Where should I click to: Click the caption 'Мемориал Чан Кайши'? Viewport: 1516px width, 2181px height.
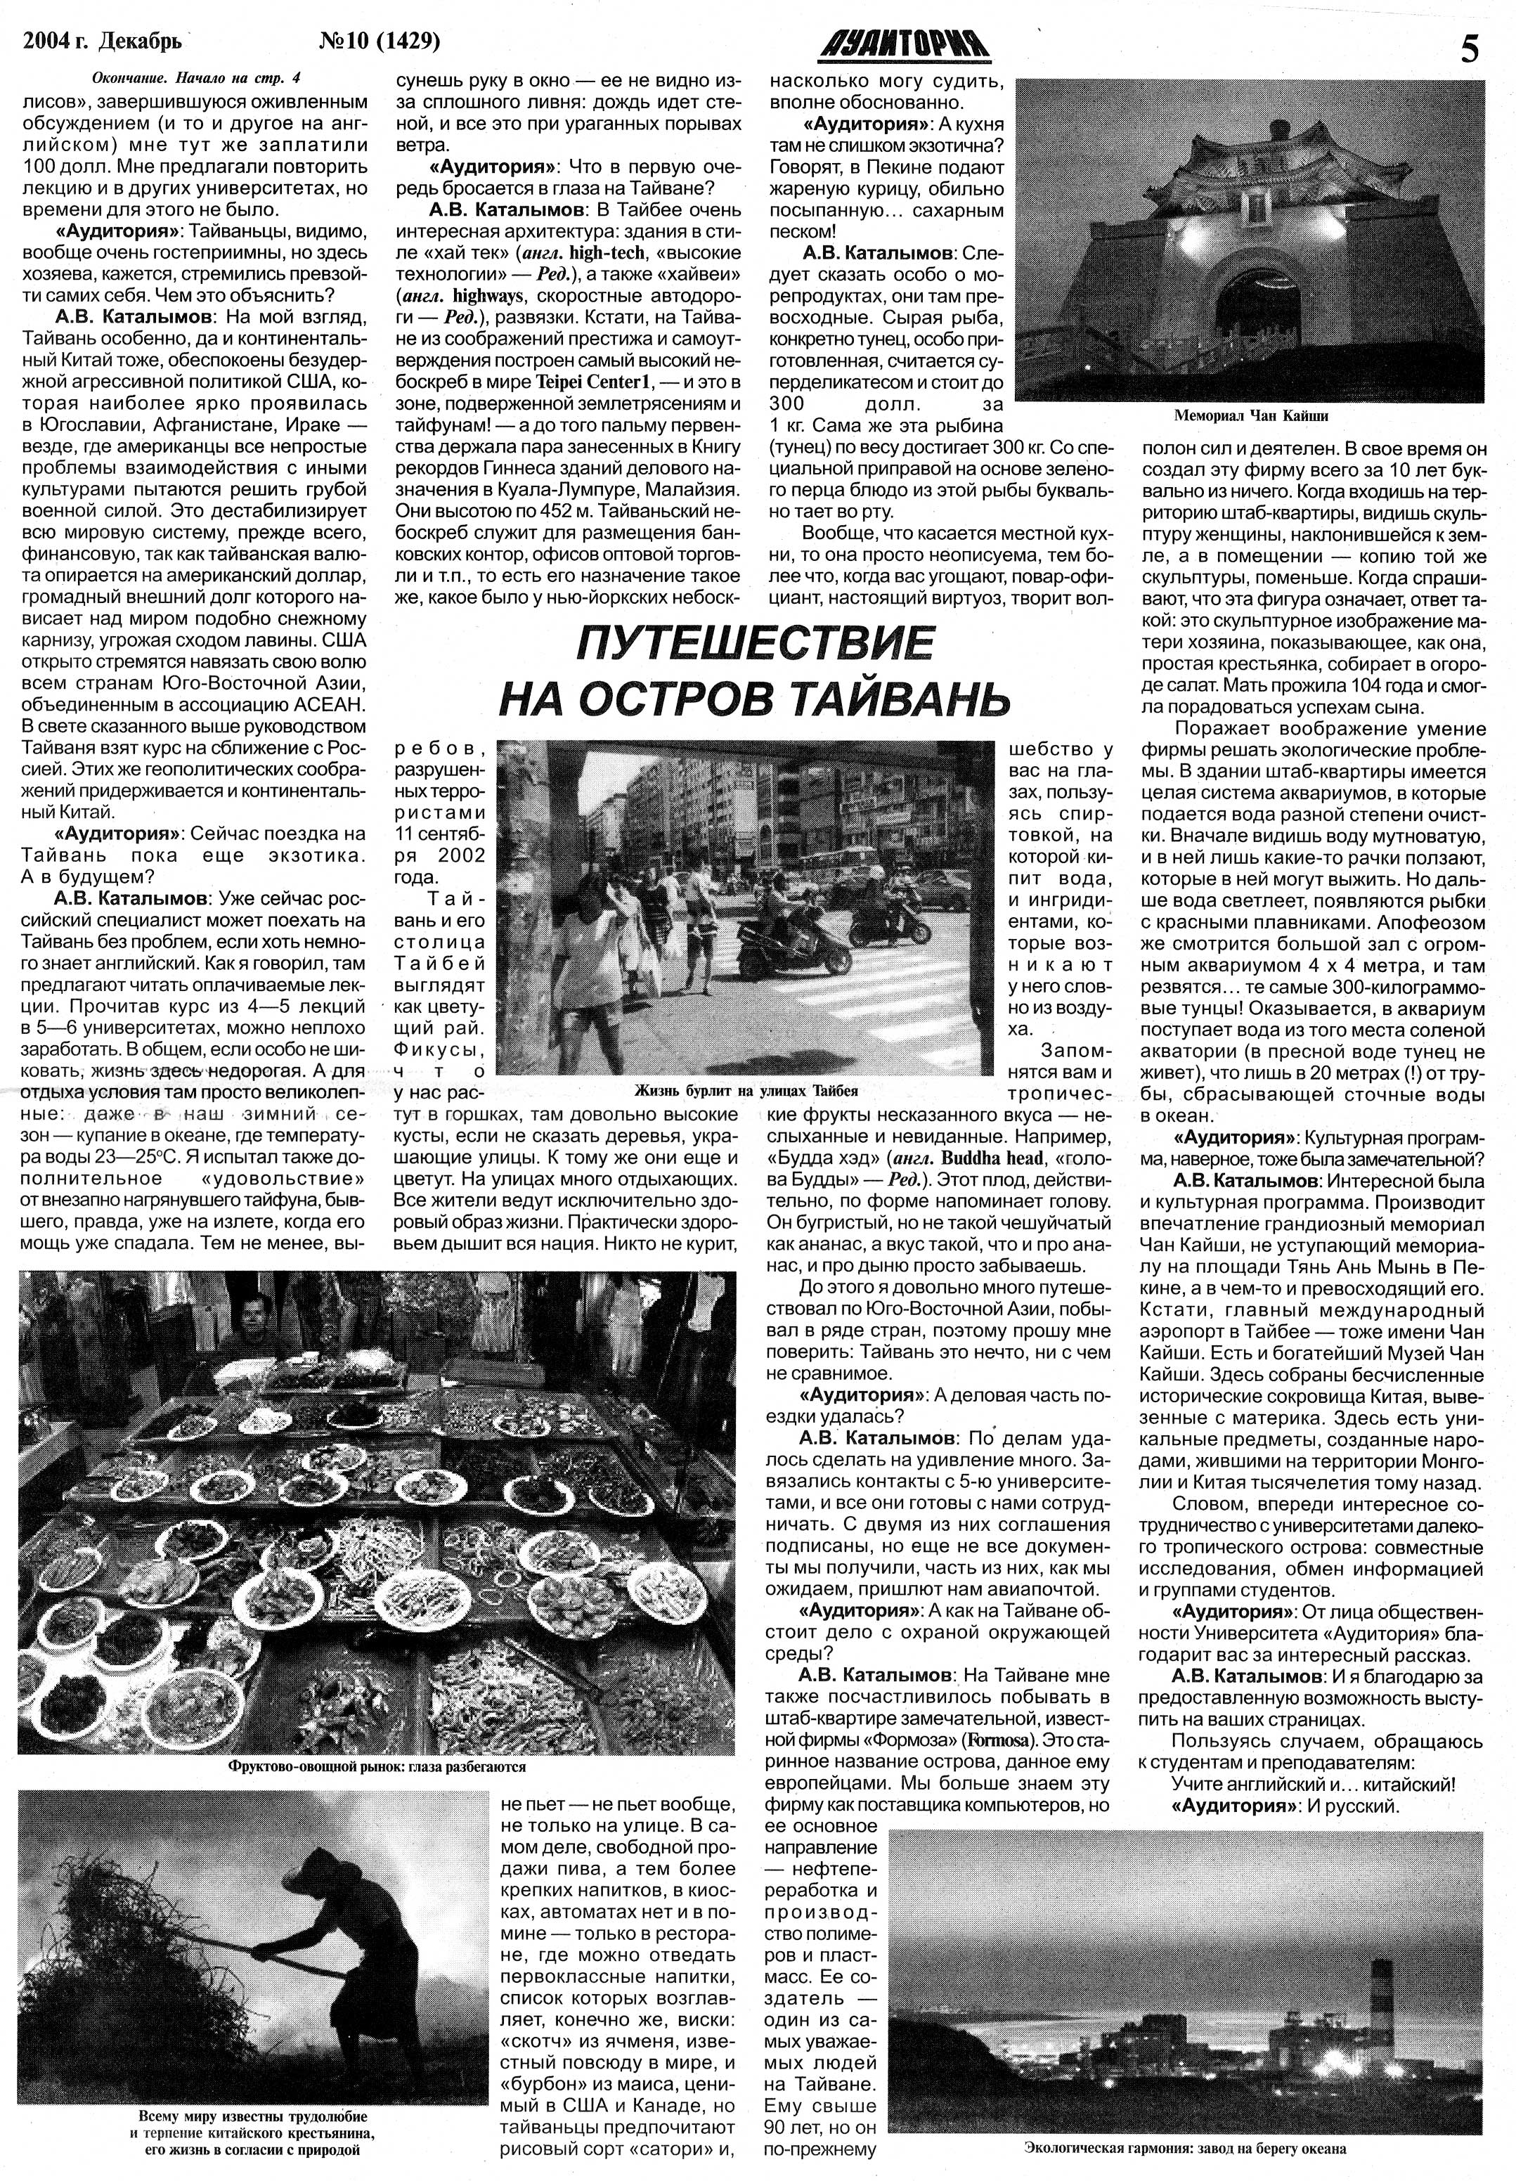click(1250, 416)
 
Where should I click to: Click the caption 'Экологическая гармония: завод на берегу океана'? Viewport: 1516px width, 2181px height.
click(1186, 2147)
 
